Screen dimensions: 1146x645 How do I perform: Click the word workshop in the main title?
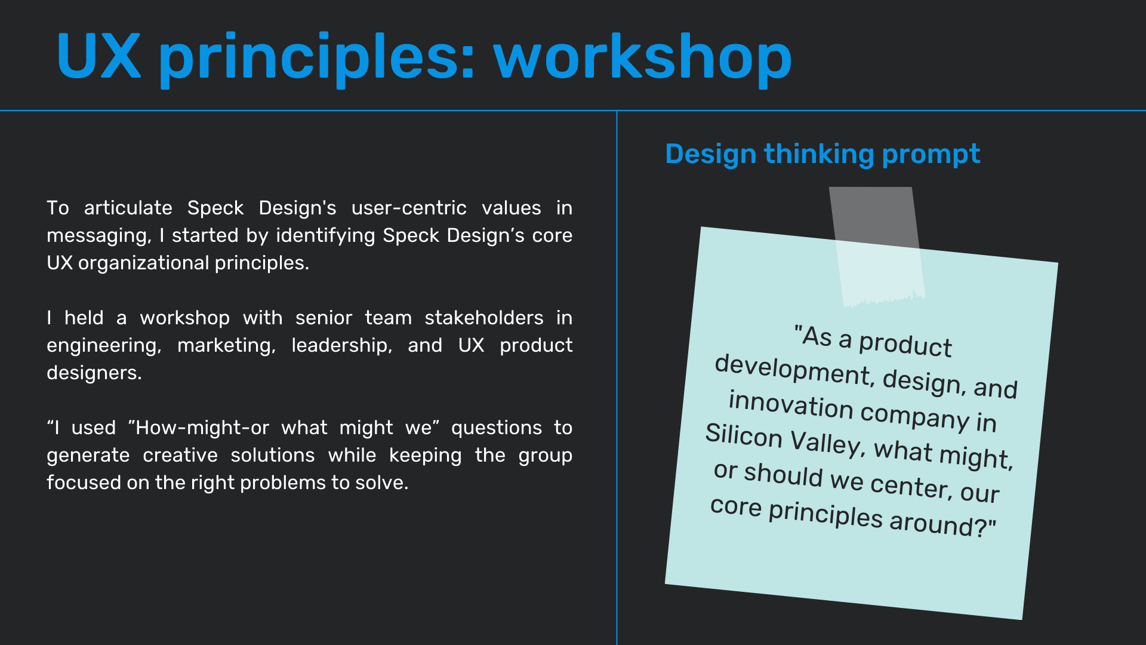coord(643,59)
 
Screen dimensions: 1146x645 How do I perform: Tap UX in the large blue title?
coord(99,57)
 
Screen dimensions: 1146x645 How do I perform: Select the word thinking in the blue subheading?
coord(819,155)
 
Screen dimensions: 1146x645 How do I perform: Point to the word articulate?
coord(128,208)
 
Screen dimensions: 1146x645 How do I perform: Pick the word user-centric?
coord(409,208)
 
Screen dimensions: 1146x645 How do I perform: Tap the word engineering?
coord(104,346)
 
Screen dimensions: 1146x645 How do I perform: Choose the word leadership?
coord(341,346)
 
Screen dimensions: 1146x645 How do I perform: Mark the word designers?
coord(94,373)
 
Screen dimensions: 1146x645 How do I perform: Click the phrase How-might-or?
coord(202,428)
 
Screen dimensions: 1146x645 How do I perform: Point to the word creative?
coord(180,455)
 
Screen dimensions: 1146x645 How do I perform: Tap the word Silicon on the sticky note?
coord(744,435)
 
